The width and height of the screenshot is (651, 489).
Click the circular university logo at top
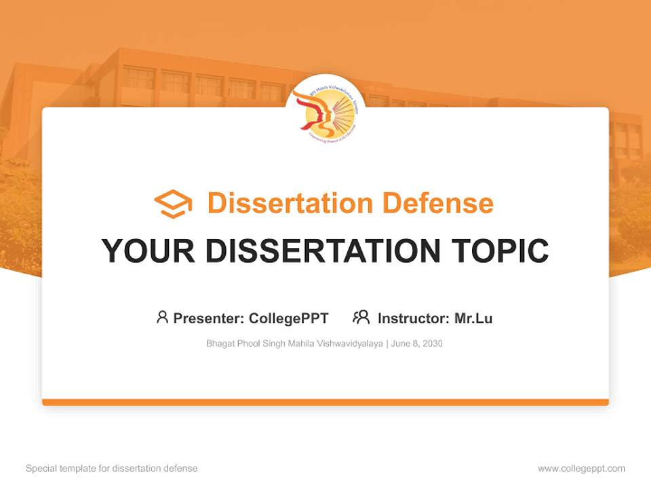[x=325, y=112]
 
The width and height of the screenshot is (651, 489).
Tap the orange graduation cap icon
[x=173, y=204]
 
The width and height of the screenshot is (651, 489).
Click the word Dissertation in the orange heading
[x=290, y=203]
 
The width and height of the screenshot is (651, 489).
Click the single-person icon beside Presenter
[x=162, y=317]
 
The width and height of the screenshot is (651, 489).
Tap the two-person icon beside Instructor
[x=361, y=317]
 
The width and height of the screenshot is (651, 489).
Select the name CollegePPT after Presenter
[x=289, y=319]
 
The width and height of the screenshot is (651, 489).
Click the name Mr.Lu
[x=473, y=319]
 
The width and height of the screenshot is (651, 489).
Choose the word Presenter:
[x=209, y=319]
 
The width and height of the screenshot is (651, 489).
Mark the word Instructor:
[x=413, y=319]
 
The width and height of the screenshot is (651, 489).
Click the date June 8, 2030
[x=417, y=344]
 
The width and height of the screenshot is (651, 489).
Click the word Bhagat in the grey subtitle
[x=219, y=344]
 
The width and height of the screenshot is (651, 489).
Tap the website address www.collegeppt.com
[x=581, y=469]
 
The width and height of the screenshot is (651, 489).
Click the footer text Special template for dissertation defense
[x=112, y=469]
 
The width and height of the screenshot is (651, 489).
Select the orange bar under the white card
[x=325, y=402]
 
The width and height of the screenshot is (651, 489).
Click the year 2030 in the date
[x=432, y=344]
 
